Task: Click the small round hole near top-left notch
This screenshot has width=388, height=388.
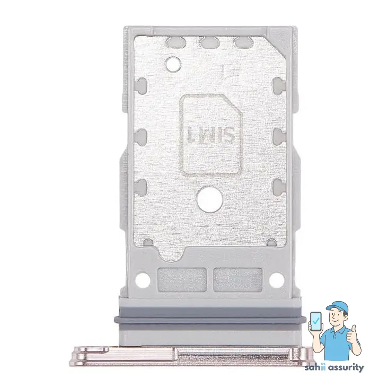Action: (173, 64)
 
